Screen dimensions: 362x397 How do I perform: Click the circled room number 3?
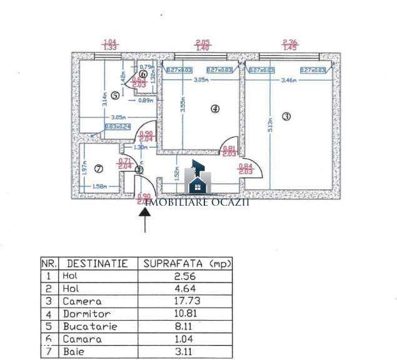[x=286, y=116]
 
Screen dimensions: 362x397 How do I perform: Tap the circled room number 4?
[x=215, y=108]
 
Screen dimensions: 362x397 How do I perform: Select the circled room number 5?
[x=115, y=96]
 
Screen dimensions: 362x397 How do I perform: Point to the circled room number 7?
[x=98, y=168]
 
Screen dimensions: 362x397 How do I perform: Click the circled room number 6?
[x=143, y=74]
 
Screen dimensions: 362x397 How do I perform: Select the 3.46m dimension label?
[x=289, y=81]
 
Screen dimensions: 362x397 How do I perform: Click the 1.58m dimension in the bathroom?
[x=98, y=186]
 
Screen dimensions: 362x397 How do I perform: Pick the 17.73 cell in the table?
[x=184, y=301]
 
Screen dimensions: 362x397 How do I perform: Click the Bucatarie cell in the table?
[x=90, y=326]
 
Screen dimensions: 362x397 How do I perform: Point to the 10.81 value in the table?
[x=184, y=313]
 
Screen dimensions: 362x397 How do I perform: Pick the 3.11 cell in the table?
[x=184, y=351]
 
